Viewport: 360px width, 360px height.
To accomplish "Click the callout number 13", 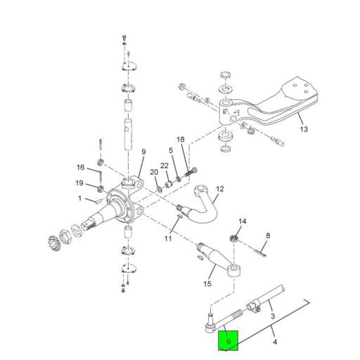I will [x=304, y=129].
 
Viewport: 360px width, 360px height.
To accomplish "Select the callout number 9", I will [x=143, y=151].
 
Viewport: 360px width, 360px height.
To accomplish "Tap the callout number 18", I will [x=181, y=140].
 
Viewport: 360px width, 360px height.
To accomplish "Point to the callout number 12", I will [x=219, y=189].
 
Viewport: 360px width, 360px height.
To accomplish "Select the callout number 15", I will [x=207, y=284].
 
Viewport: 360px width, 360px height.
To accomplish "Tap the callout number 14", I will [x=243, y=222].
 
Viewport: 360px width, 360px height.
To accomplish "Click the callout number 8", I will [x=267, y=236].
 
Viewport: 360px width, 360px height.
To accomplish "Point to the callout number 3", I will [x=272, y=317].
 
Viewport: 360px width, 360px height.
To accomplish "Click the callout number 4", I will [x=275, y=342].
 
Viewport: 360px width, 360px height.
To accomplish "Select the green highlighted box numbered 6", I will [x=229, y=340].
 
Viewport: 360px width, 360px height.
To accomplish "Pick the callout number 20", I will [x=153, y=172].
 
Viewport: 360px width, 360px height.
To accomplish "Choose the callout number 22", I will [x=165, y=166].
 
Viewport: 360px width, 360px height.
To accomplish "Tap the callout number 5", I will [x=170, y=150].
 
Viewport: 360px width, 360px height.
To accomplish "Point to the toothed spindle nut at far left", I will [x=54, y=240].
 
